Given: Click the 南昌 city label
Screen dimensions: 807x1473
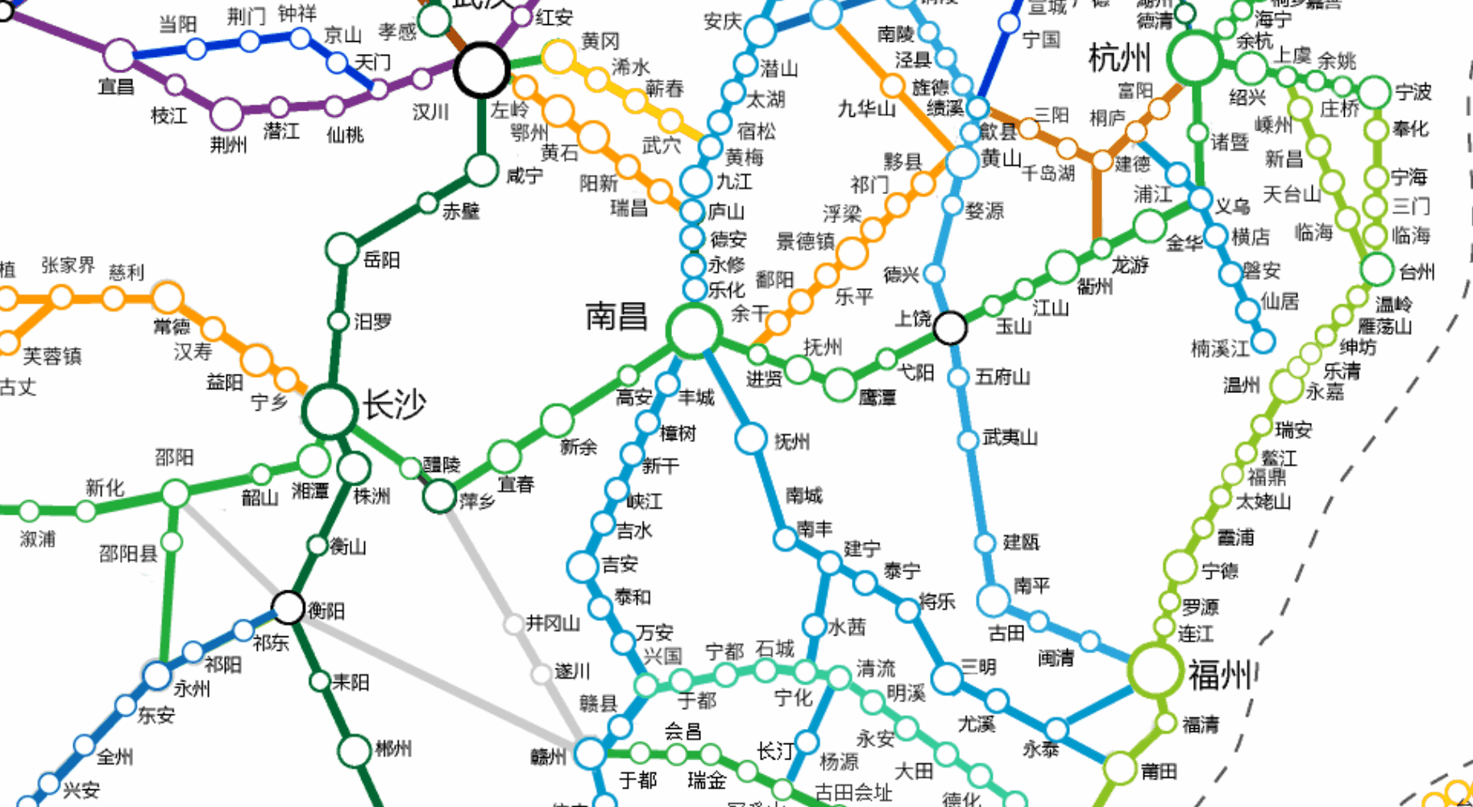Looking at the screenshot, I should click(616, 316).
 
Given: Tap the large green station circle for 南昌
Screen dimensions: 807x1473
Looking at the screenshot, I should click(693, 329).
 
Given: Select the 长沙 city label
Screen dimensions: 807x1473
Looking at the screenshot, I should click(393, 403).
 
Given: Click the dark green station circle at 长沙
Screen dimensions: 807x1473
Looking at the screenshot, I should click(329, 410).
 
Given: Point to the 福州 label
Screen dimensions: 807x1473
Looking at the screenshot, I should click(1220, 674).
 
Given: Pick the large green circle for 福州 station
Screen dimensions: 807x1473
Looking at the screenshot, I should click(1155, 670).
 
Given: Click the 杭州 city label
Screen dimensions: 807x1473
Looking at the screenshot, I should click(1119, 58).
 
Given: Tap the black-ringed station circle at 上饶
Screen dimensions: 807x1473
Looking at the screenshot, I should click(950, 328).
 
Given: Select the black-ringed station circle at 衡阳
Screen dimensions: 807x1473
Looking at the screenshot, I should click(288, 608).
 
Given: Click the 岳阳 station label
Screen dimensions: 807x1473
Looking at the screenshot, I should click(381, 259).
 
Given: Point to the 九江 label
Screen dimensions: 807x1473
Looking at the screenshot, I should click(733, 181).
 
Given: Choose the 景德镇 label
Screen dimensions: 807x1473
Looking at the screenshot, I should click(805, 241).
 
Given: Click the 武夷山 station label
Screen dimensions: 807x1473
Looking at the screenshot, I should click(1010, 437).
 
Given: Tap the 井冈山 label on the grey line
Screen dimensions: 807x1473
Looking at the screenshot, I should click(553, 623).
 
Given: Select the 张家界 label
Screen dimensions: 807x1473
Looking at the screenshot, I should click(68, 265).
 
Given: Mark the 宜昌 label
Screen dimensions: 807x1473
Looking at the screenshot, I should click(116, 85).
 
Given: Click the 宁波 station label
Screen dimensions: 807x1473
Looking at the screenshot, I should click(1413, 93).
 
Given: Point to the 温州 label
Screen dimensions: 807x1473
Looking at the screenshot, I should click(1241, 385).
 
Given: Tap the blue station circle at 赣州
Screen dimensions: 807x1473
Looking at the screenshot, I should click(590, 753).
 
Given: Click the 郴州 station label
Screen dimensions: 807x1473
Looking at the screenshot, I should click(393, 749).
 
